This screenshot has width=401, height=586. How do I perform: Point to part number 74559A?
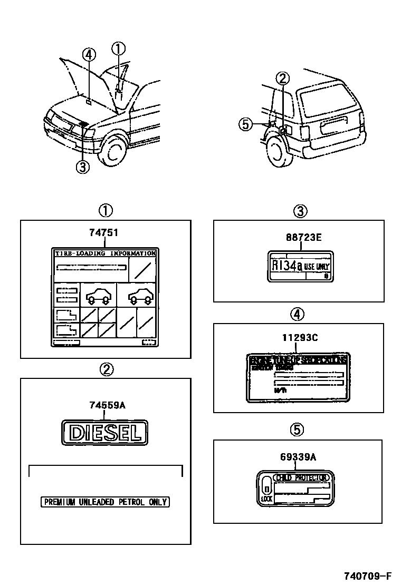107,405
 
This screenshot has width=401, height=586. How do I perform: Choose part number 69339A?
298,457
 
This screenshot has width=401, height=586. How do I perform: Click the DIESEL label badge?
106,433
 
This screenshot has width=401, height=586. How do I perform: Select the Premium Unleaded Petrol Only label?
106,502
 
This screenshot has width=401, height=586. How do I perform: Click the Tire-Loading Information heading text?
106,253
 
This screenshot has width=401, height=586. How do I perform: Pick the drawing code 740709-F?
369,575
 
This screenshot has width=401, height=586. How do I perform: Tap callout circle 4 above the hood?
89,55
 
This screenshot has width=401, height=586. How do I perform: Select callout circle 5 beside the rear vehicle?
244,124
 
